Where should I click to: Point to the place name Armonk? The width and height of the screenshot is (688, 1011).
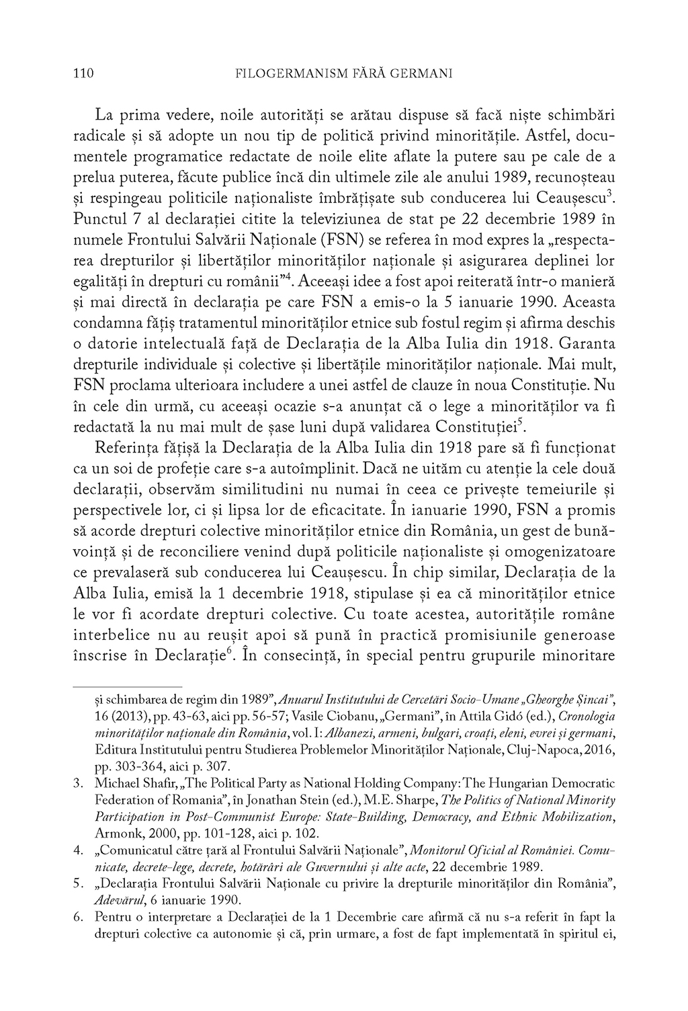click(x=115, y=831)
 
